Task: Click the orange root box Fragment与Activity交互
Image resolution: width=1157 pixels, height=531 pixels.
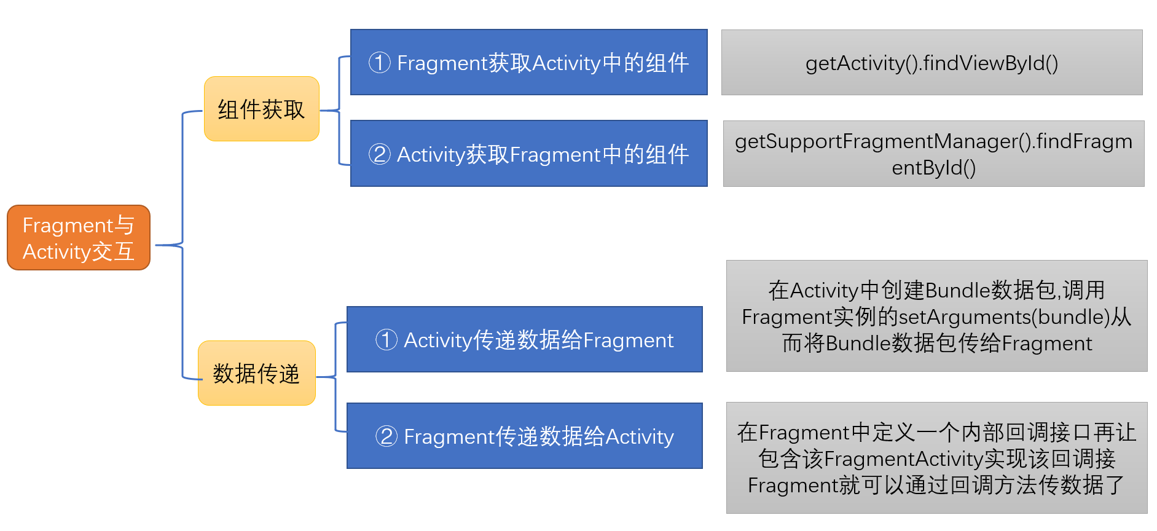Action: click(x=79, y=238)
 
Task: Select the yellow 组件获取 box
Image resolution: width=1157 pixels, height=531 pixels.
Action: click(x=262, y=109)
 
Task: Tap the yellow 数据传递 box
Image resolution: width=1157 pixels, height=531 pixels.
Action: click(x=257, y=373)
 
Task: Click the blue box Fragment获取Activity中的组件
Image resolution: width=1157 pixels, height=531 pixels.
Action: click(x=528, y=63)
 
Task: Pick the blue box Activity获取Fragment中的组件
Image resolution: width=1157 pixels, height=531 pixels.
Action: click(x=528, y=154)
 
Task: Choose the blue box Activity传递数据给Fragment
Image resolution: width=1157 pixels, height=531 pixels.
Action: click(x=524, y=339)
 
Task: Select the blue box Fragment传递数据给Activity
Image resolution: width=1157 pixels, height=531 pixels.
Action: click(x=524, y=436)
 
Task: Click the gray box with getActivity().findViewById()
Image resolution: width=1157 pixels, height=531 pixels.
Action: click(x=931, y=63)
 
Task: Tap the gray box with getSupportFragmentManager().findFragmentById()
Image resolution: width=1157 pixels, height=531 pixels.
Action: click(x=933, y=154)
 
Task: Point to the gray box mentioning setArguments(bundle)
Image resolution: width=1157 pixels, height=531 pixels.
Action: click(x=936, y=316)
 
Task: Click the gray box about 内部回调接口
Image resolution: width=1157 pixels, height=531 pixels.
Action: click(x=936, y=458)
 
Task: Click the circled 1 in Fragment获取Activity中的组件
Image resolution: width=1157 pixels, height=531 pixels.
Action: click(x=380, y=63)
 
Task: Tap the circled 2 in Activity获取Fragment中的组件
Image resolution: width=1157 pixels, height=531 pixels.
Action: click(x=380, y=154)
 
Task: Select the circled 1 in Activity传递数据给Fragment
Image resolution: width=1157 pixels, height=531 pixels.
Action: click(x=386, y=339)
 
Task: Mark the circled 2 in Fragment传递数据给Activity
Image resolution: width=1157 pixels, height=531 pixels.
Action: click(x=386, y=436)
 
